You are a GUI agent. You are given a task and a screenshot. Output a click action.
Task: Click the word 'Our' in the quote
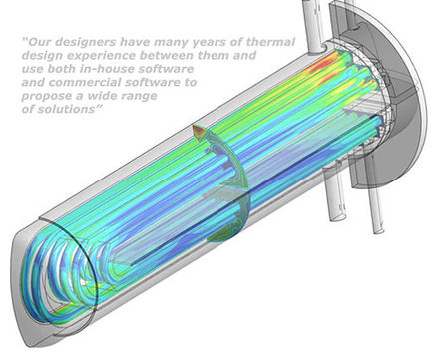pos(40,42)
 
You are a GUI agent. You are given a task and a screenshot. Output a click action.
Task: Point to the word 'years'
pos(212,43)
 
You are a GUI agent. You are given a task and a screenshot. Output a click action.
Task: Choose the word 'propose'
pos(47,97)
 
